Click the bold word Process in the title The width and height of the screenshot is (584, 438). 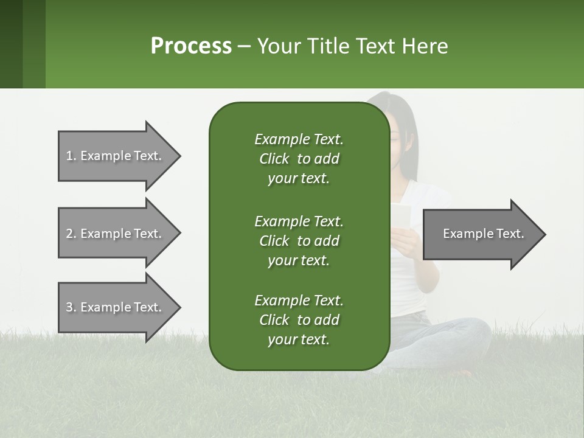[x=191, y=46]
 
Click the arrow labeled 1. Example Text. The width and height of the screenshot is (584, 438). [x=116, y=156]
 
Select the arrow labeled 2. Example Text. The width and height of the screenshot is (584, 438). [x=116, y=234]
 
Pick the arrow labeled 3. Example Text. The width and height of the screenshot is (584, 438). [x=116, y=307]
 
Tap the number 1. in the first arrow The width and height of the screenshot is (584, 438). [x=71, y=156]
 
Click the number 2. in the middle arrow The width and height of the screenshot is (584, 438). [x=71, y=234]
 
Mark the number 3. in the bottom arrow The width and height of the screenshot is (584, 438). [x=71, y=307]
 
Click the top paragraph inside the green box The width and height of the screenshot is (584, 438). [x=299, y=159]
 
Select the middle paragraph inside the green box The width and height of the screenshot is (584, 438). [x=299, y=240]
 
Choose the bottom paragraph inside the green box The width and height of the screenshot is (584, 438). [x=299, y=320]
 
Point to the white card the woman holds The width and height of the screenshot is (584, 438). [x=401, y=216]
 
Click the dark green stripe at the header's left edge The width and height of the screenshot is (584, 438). [x=11, y=44]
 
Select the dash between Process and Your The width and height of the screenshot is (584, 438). [x=244, y=47]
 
